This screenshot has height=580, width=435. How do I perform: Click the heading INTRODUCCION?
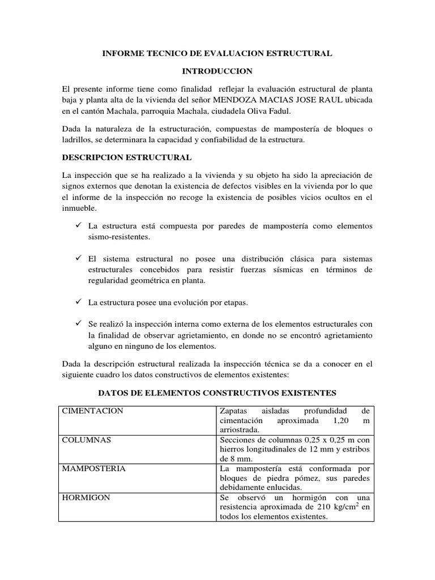(217, 71)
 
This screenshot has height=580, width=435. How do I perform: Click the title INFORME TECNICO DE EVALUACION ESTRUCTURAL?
(217, 53)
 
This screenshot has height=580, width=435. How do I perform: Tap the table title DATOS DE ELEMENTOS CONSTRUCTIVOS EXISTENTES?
(217, 392)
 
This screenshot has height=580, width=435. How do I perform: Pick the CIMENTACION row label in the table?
(92, 411)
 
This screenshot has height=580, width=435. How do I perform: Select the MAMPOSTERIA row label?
(93, 468)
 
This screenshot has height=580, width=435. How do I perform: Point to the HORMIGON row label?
(86, 497)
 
